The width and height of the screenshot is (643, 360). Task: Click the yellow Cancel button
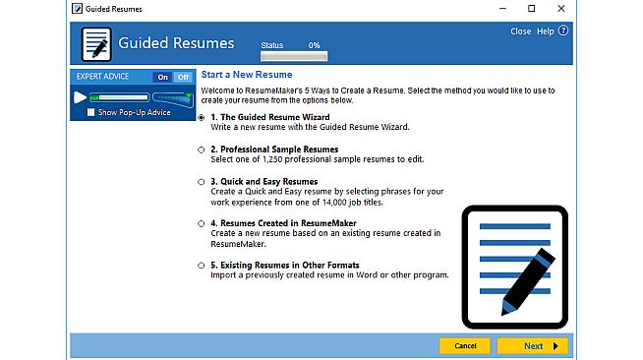pos(465,345)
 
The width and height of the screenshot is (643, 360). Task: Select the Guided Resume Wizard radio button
pos(202,117)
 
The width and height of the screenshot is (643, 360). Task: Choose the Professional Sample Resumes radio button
pos(202,150)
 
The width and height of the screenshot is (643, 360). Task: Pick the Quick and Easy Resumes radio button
pos(202,182)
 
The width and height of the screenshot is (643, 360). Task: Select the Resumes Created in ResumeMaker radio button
pos(202,223)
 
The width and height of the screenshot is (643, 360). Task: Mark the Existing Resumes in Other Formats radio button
pos(202,266)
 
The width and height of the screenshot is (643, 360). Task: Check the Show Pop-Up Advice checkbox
pos(90,112)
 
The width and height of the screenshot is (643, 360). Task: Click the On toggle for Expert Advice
pos(162,77)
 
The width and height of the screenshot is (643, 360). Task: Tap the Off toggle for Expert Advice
pos(182,77)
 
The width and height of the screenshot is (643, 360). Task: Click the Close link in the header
pos(521,31)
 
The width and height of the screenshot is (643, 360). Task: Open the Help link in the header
pos(546,31)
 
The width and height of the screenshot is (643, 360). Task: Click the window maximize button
pos(531,9)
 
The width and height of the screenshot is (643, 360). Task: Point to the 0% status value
pos(314,45)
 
